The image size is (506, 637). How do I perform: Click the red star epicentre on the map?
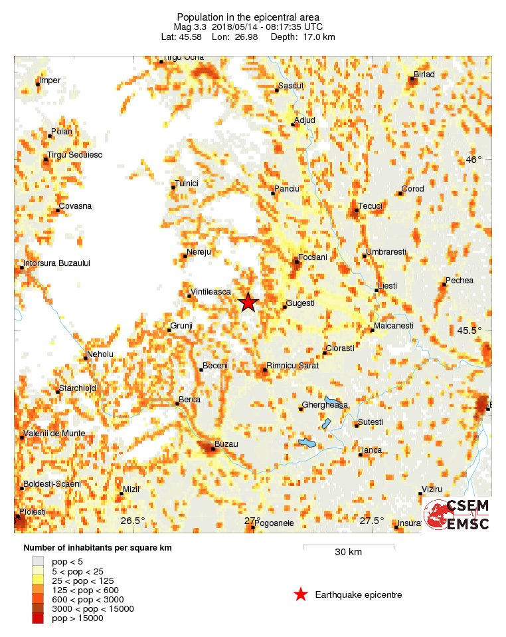tap(248, 303)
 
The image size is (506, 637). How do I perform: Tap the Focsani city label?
tap(313, 257)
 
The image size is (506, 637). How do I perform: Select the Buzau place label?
tap(226, 444)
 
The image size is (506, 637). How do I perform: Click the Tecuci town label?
tap(371, 205)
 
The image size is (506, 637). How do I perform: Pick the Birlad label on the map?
tap(424, 74)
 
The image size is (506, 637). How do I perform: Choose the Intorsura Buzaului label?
tap(56, 263)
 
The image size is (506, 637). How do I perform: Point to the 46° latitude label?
tap(473, 160)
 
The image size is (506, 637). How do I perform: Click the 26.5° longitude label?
tap(133, 521)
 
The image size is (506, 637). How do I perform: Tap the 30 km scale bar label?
tap(348, 553)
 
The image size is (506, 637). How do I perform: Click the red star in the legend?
tap(301, 594)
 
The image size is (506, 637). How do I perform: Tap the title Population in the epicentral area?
tap(248, 17)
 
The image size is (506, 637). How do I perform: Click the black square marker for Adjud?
tap(293, 124)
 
